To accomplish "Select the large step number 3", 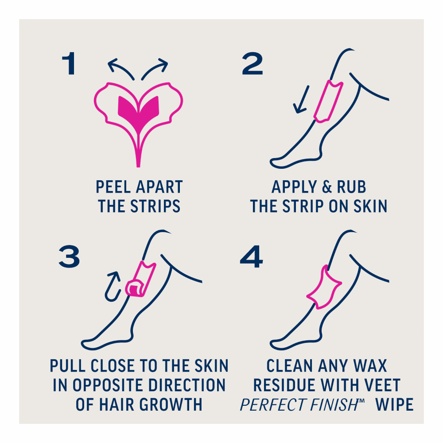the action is pyautogui.click(x=69, y=256).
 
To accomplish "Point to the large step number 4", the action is pyautogui.click(x=251, y=256).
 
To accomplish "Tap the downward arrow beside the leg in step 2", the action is pyautogui.click(x=301, y=100).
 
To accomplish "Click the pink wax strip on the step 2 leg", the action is pyautogui.click(x=328, y=101).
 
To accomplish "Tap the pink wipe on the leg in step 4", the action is pyautogui.click(x=324, y=287).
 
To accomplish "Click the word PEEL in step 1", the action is pyautogui.click(x=113, y=187).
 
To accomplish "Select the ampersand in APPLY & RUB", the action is pyautogui.click(x=326, y=187).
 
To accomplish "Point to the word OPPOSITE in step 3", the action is pyautogui.click(x=109, y=385).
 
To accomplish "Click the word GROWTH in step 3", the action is pyautogui.click(x=171, y=404).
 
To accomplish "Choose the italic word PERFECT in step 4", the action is pyautogui.click(x=273, y=404).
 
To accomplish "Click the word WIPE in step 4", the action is pyautogui.click(x=394, y=404).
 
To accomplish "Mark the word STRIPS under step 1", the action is pyautogui.click(x=155, y=206).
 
